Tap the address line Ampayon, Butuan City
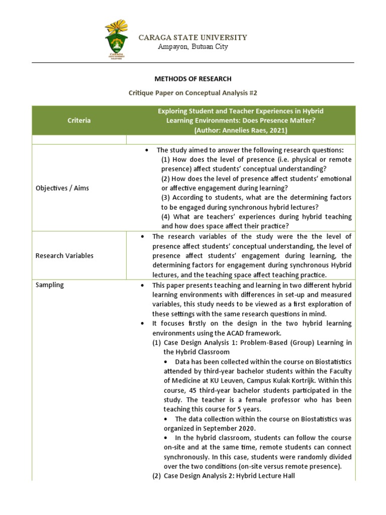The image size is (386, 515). click(x=193, y=47)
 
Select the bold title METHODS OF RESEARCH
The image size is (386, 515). click(x=193, y=79)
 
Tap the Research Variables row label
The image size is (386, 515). click(x=64, y=255)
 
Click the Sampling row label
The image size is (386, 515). click(x=50, y=285)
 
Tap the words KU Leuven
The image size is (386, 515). click(x=220, y=381)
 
